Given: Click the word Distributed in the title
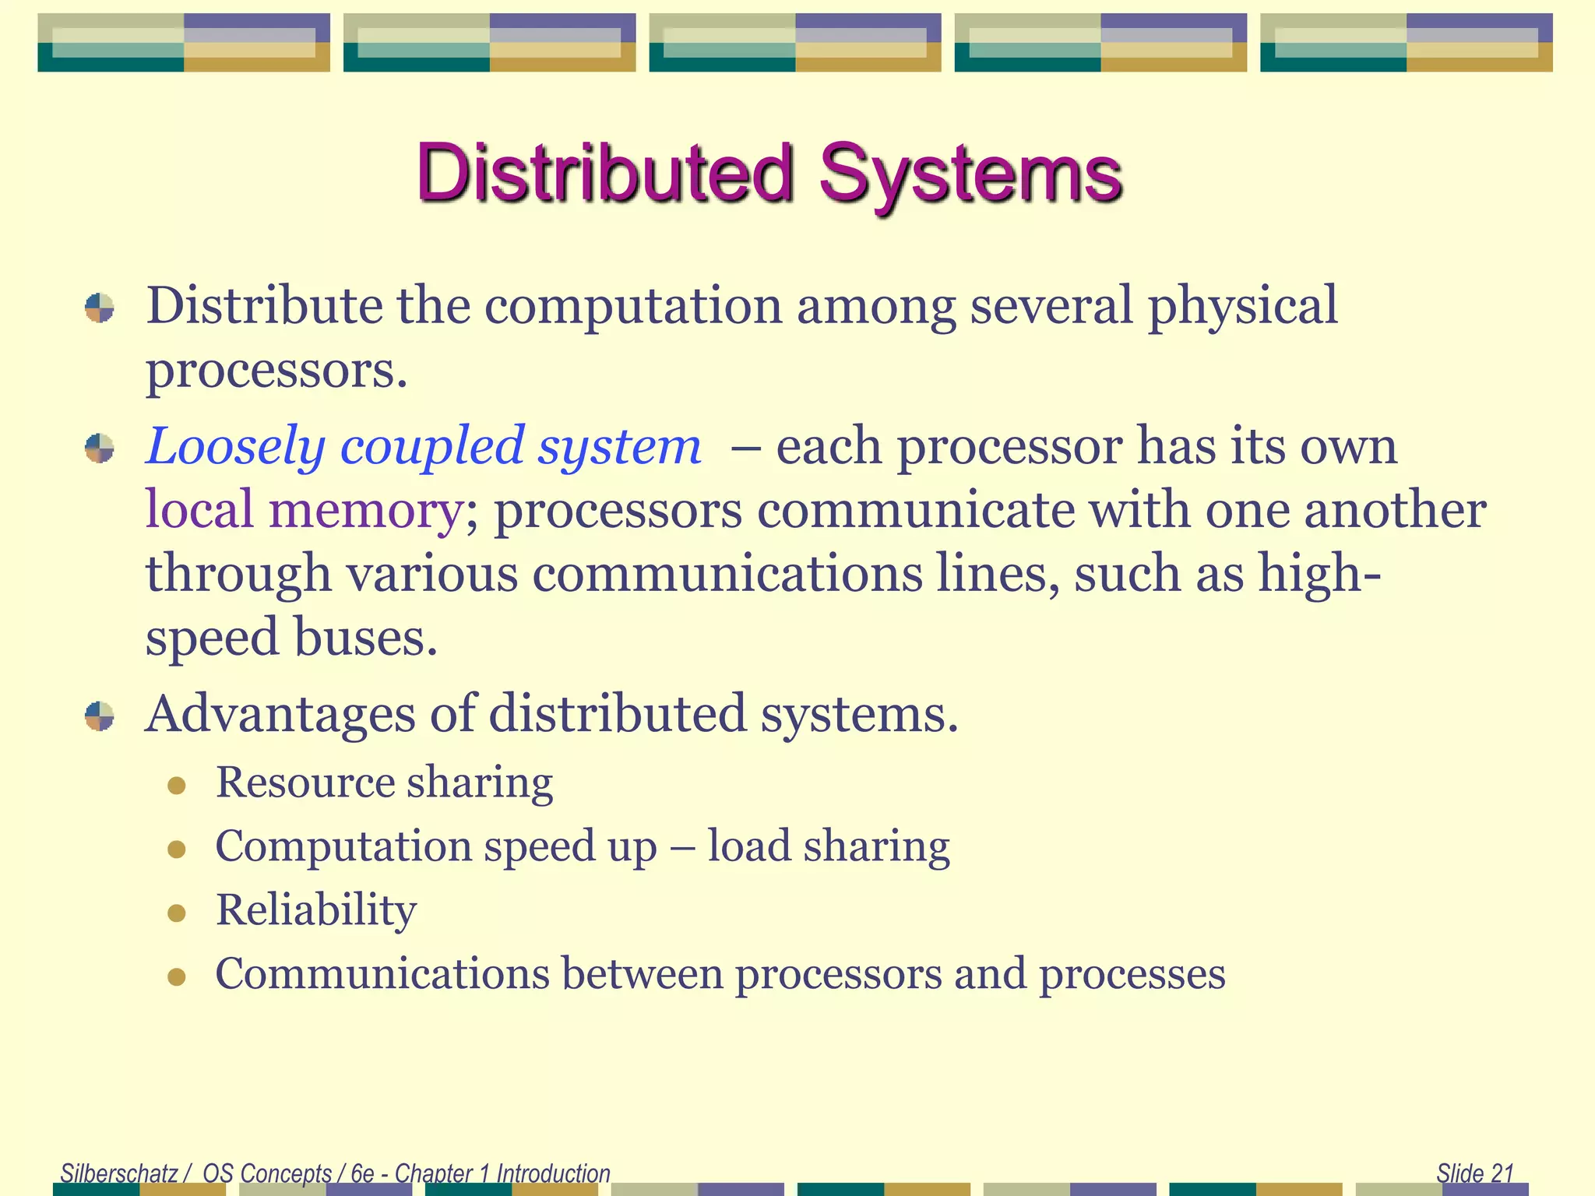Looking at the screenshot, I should [604, 173].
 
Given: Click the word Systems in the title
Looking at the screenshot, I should [970, 173].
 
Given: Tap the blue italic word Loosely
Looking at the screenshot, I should [235, 447].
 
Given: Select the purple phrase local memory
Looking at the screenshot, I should [304, 511].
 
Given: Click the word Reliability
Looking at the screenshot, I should [316, 909].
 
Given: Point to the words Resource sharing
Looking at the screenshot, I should [384, 782].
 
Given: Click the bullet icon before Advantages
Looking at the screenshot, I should [100, 716].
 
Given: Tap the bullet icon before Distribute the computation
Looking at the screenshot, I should [100, 308].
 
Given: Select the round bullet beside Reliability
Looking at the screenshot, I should [177, 913].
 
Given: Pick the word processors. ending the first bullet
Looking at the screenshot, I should [276, 370].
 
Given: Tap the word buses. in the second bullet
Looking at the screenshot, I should [365, 638].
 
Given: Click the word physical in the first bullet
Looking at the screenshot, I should [1242, 305].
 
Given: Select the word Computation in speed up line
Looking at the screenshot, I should [343, 846].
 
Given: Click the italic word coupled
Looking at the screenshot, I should [432, 447].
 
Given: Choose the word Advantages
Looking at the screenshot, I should [280, 713].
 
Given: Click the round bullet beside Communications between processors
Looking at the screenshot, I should [177, 976].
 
